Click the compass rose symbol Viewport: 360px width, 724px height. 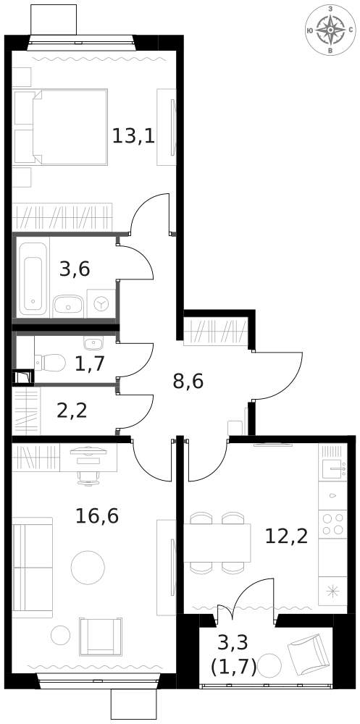click(x=330, y=30)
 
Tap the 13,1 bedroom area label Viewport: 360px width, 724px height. click(x=133, y=136)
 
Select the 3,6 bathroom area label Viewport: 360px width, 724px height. click(x=75, y=269)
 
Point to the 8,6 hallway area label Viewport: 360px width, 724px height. click(x=188, y=382)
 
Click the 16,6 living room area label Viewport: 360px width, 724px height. click(x=97, y=515)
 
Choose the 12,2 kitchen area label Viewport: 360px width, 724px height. click(x=287, y=536)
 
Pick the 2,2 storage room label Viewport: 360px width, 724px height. click(x=72, y=410)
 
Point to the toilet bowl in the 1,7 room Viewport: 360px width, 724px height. click(x=50, y=363)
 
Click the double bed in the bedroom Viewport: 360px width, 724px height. click(x=61, y=127)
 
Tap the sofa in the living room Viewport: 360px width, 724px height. click(x=32, y=567)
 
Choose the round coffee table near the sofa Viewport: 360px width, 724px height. click(x=88, y=568)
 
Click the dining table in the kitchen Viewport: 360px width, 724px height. click(x=217, y=543)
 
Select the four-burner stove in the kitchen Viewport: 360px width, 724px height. click(x=332, y=523)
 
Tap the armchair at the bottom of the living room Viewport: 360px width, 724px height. click(x=101, y=636)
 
